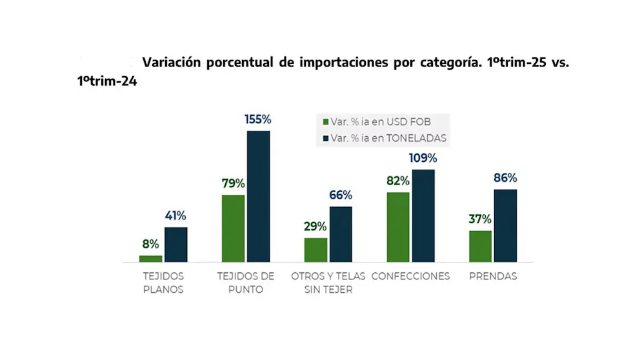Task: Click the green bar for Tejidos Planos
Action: [150, 258]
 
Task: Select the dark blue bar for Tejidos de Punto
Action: [258, 197]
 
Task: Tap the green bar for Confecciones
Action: [398, 227]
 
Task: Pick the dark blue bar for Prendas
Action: [505, 226]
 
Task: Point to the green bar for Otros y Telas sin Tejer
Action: [315, 250]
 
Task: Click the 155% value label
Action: [257, 119]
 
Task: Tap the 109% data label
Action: [423, 158]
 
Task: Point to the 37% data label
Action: [480, 219]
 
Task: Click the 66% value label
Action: [340, 195]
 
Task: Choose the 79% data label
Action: [233, 183]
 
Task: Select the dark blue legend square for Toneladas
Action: [325, 138]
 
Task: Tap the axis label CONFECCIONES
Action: [410, 276]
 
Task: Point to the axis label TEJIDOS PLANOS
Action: [163, 283]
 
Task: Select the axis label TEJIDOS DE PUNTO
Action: [245, 283]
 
